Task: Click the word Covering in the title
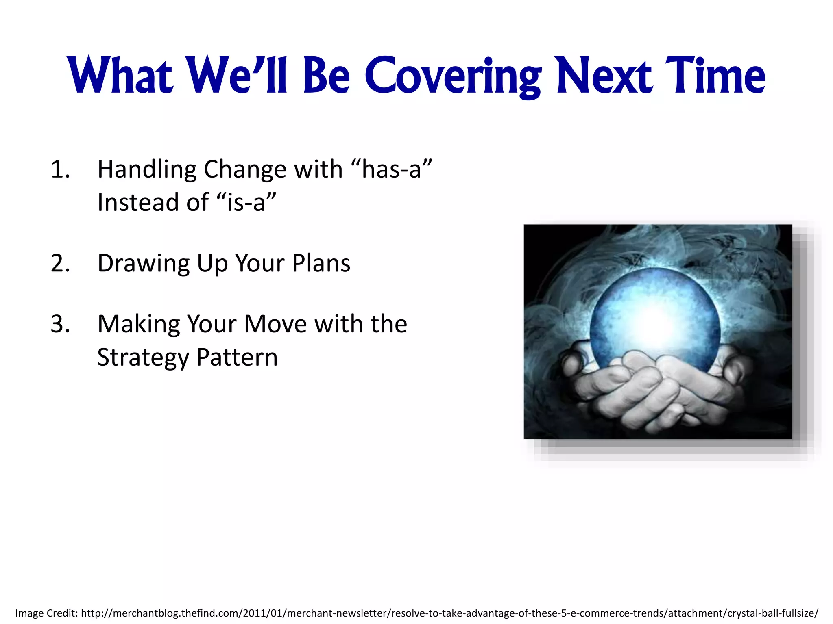[452, 76]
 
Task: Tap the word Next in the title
[605, 76]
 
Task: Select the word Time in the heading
[715, 76]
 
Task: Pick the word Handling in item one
[147, 170]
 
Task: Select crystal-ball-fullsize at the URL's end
[772, 613]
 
